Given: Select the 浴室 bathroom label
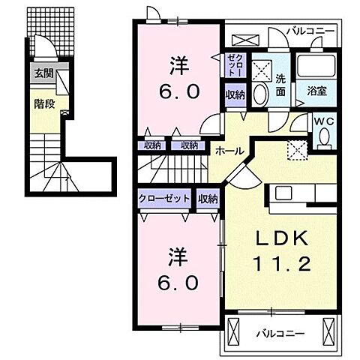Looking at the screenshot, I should point(316,90).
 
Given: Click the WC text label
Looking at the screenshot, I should point(322,121).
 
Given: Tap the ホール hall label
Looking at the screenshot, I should point(229,151).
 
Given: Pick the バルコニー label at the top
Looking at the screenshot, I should point(307,31).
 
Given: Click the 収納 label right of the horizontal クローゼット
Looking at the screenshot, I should point(208,199).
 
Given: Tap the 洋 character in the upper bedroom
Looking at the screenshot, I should point(178,65).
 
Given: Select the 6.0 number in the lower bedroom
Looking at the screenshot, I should point(178,283).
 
